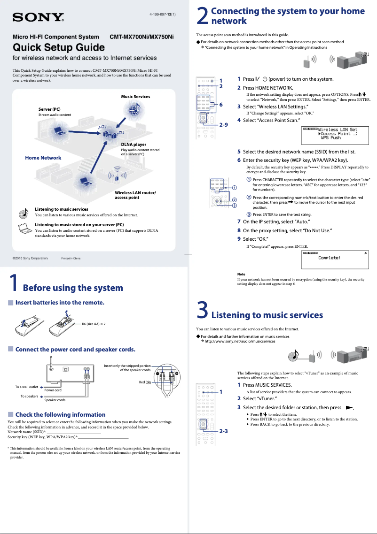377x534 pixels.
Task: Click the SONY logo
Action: tap(38, 18)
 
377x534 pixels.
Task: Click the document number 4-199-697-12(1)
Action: tap(163, 14)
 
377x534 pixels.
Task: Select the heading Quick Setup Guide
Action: tap(58, 47)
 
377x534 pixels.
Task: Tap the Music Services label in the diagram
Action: tap(135, 97)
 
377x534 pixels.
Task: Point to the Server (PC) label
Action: tap(49, 109)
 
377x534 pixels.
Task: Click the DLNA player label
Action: tap(134, 145)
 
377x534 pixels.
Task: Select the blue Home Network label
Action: tap(43, 158)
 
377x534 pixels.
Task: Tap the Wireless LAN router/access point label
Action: tap(135, 195)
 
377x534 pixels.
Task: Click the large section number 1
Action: tap(14, 283)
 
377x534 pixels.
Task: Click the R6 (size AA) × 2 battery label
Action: tap(94, 324)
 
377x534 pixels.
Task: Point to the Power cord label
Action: tap(53, 390)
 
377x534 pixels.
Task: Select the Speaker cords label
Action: tap(55, 400)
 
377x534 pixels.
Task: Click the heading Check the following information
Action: tap(60, 414)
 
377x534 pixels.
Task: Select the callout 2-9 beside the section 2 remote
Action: tap(223, 125)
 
